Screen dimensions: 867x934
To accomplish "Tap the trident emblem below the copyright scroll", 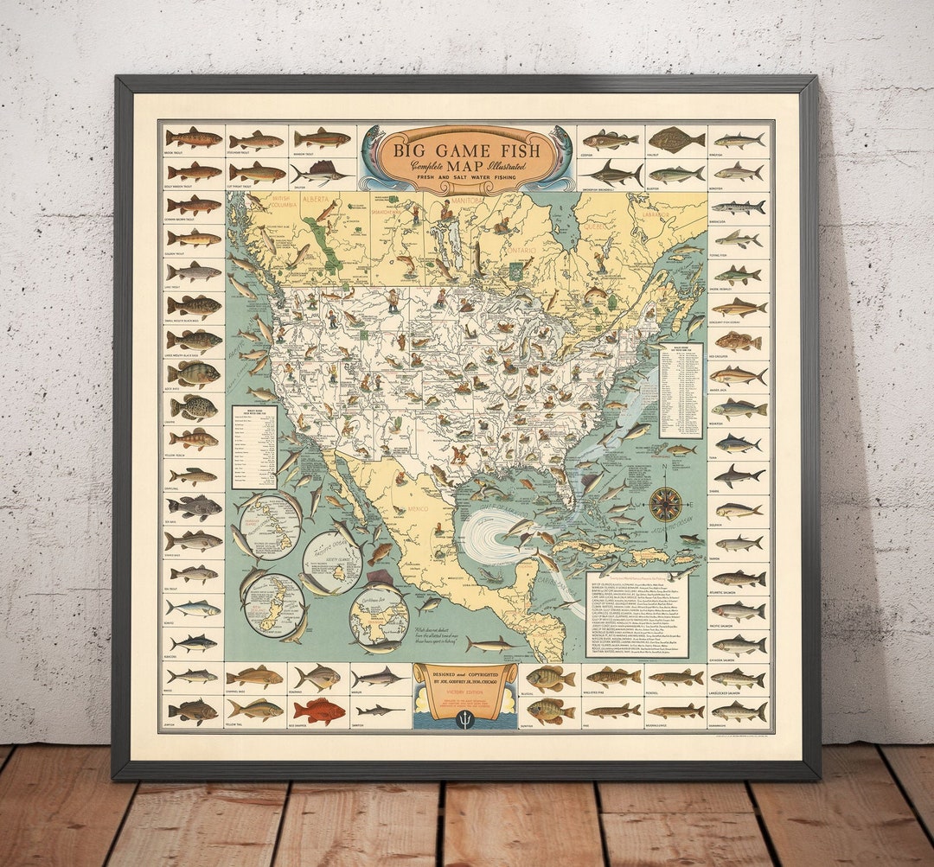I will pyautogui.click(x=465, y=718).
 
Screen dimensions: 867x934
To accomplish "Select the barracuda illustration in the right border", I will pyautogui.click(x=739, y=207).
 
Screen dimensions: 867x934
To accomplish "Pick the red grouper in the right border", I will pyautogui.click(x=739, y=341).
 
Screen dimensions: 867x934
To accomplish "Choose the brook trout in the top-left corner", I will pyautogui.click(x=194, y=138).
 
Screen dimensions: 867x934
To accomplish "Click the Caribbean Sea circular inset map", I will pyautogui.click(x=379, y=615).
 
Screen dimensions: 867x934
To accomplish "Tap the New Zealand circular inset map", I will pyautogui.click(x=273, y=605).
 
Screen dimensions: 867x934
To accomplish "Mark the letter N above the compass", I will pyautogui.click(x=665, y=470).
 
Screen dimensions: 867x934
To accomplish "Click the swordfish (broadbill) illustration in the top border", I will pyautogui.click(x=611, y=174).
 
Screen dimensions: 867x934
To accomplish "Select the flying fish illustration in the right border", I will pyautogui.click(x=739, y=239).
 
